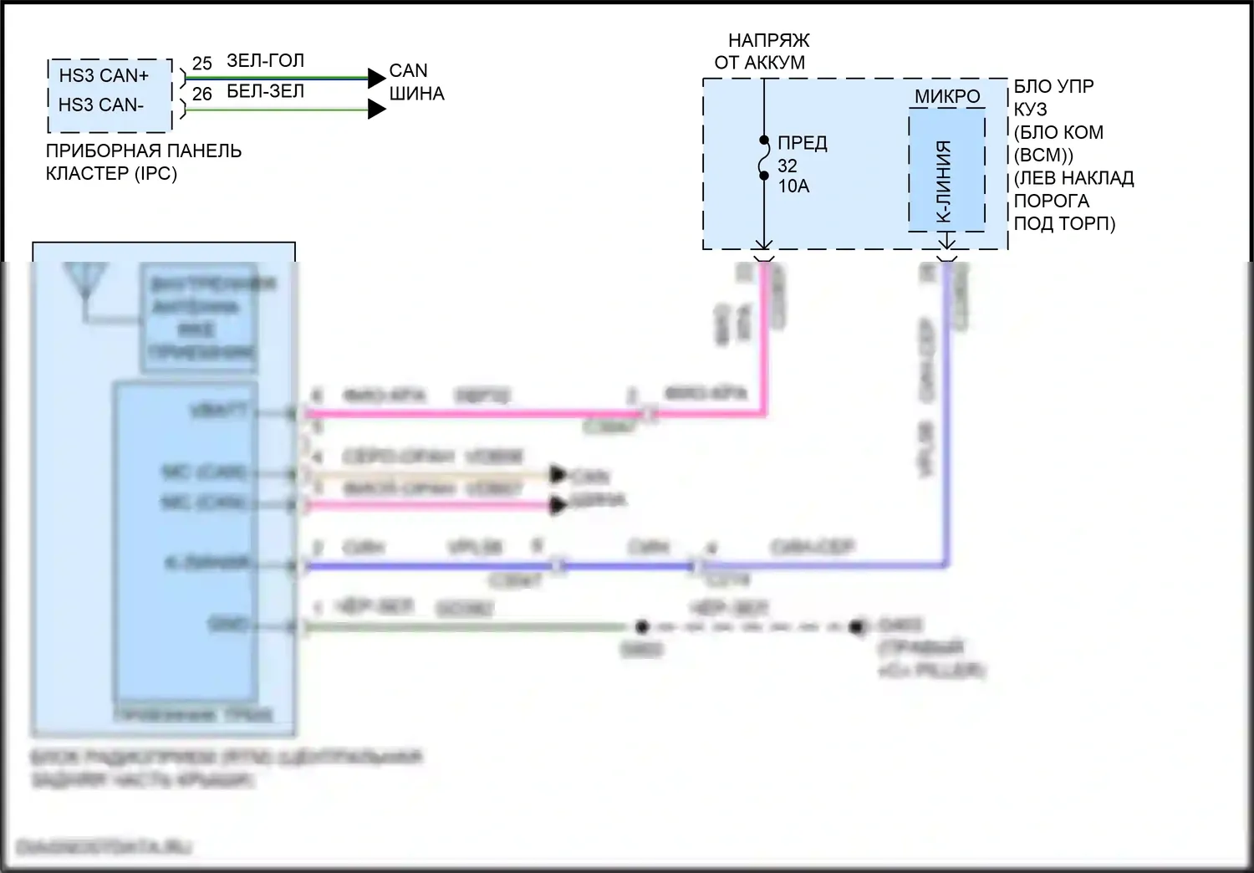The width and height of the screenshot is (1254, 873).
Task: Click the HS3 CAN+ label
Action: pyautogui.click(x=103, y=75)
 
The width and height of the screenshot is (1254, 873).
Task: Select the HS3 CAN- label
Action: pyautogui.click(x=100, y=105)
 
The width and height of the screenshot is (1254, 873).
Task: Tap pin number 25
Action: pyautogui.click(x=201, y=64)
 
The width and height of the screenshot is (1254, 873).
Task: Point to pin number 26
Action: pyautogui.click(x=201, y=94)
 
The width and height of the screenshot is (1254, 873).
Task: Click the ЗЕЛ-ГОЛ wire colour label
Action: pyautogui.click(x=265, y=60)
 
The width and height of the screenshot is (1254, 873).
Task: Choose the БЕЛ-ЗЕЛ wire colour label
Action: pyautogui.click(x=265, y=91)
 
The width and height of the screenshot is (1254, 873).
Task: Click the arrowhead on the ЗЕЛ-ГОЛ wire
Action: pyautogui.click(x=376, y=78)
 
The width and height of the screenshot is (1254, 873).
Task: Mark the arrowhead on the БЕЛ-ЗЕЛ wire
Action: pyautogui.click(x=376, y=109)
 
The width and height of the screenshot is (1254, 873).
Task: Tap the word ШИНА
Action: pyautogui.click(x=416, y=94)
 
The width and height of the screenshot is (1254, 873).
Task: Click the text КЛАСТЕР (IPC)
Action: pyautogui.click(x=111, y=174)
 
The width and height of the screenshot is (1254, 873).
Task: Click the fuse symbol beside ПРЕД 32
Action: pyautogui.click(x=764, y=158)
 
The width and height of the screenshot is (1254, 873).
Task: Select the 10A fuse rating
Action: pyautogui.click(x=793, y=186)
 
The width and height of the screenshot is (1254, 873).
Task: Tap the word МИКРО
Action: pyautogui.click(x=946, y=96)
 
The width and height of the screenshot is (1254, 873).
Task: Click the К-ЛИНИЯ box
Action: pyautogui.click(x=946, y=171)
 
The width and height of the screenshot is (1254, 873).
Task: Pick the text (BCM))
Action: pyautogui.click(x=1043, y=156)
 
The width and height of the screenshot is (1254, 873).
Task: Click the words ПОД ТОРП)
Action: pyautogui.click(x=1064, y=224)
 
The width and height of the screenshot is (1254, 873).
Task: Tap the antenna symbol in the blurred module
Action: pyautogui.click(x=84, y=282)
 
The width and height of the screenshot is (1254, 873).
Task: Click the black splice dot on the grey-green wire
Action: pyautogui.click(x=641, y=626)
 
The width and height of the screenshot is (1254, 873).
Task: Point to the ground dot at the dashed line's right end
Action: pyautogui.click(x=856, y=626)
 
